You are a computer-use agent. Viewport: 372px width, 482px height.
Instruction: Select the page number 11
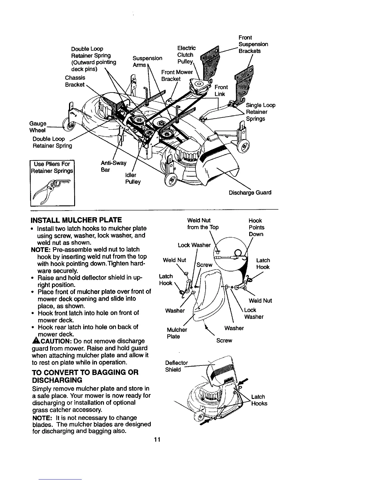tap(157, 440)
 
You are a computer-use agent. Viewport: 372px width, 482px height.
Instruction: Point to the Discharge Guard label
tap(250, 193)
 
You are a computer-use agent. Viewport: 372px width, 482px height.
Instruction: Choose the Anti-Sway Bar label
tap(113, 166)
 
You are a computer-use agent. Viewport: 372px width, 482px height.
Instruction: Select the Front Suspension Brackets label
tap(253, 44)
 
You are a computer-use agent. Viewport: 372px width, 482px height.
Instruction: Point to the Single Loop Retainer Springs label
tap(260, 112)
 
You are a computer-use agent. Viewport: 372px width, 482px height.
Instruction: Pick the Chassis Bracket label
tap(75, 81)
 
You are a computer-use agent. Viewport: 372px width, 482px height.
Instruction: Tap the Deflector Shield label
tap(176, 366)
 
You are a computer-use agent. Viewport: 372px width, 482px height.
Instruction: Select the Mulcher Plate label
tap(177, 333)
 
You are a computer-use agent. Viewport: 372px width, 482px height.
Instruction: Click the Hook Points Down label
tap(256, 227)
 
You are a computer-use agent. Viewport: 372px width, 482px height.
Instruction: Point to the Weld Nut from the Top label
tap(203, 224)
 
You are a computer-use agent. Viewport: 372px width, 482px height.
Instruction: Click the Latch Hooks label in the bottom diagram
tap(259, 400)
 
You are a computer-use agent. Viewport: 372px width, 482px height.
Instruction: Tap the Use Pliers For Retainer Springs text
tap(53, 167)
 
